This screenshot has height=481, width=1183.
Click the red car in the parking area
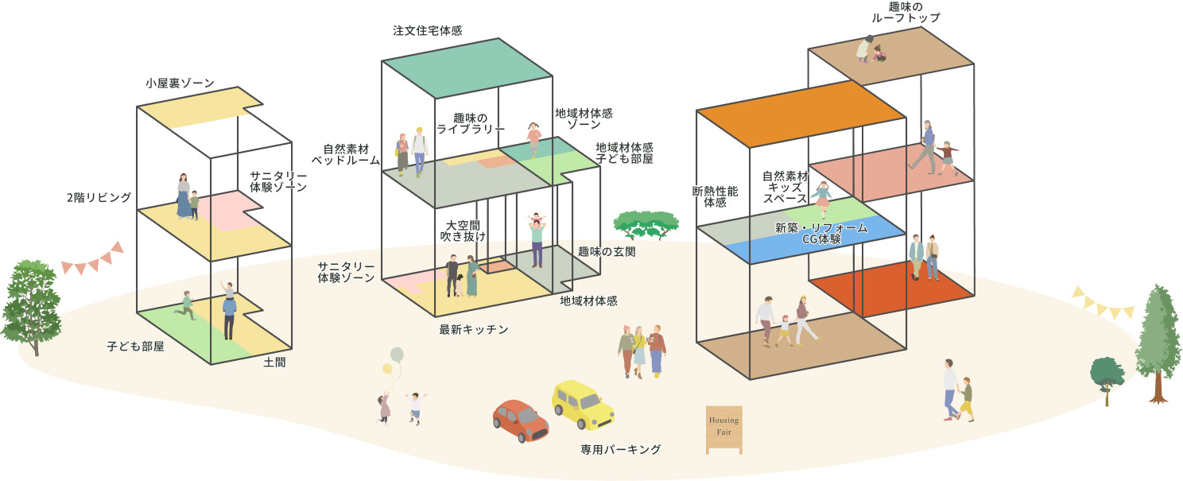pos(520,420)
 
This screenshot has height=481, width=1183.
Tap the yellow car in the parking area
pos(583,403)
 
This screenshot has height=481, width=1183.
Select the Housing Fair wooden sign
pos(723,429)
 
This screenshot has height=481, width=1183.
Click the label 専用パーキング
pos(621,450)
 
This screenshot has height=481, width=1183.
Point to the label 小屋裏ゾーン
pos(180,83)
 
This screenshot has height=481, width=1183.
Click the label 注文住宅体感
pos(428,31)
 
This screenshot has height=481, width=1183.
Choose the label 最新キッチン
pos(474,328)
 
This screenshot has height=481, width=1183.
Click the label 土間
pos(274,363)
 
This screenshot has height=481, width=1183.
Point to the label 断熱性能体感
pos(716,196)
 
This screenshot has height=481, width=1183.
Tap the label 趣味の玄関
pos(608,252)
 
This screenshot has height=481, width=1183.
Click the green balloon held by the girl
pos(397,355)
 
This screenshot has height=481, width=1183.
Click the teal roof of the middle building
pos(467,68)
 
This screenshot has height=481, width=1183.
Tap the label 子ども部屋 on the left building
pos(135,347)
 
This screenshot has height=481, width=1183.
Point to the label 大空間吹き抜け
pos(463,230)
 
